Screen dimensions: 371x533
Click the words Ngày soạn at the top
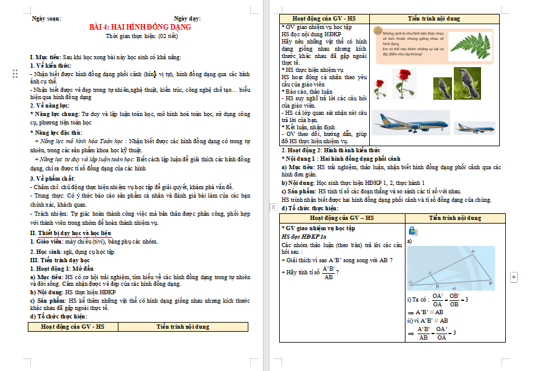(x=47, y=19)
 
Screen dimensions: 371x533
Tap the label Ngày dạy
(x=187, y=19)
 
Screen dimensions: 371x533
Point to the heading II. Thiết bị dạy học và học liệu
(x=71, y=233)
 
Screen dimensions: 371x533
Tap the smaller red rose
(x=380, y=89)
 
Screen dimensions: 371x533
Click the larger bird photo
(x=465, y=83)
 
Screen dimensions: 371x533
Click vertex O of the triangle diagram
(x=410, y=282)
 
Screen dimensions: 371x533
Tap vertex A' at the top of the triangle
(x=473, y=250)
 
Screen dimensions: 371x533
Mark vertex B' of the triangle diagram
(x=491, y=282)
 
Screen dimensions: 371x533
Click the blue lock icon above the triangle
(x=413, y=230)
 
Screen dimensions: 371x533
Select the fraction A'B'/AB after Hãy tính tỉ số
(x=329, y=273)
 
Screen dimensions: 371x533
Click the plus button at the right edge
(x=514, y=277)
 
